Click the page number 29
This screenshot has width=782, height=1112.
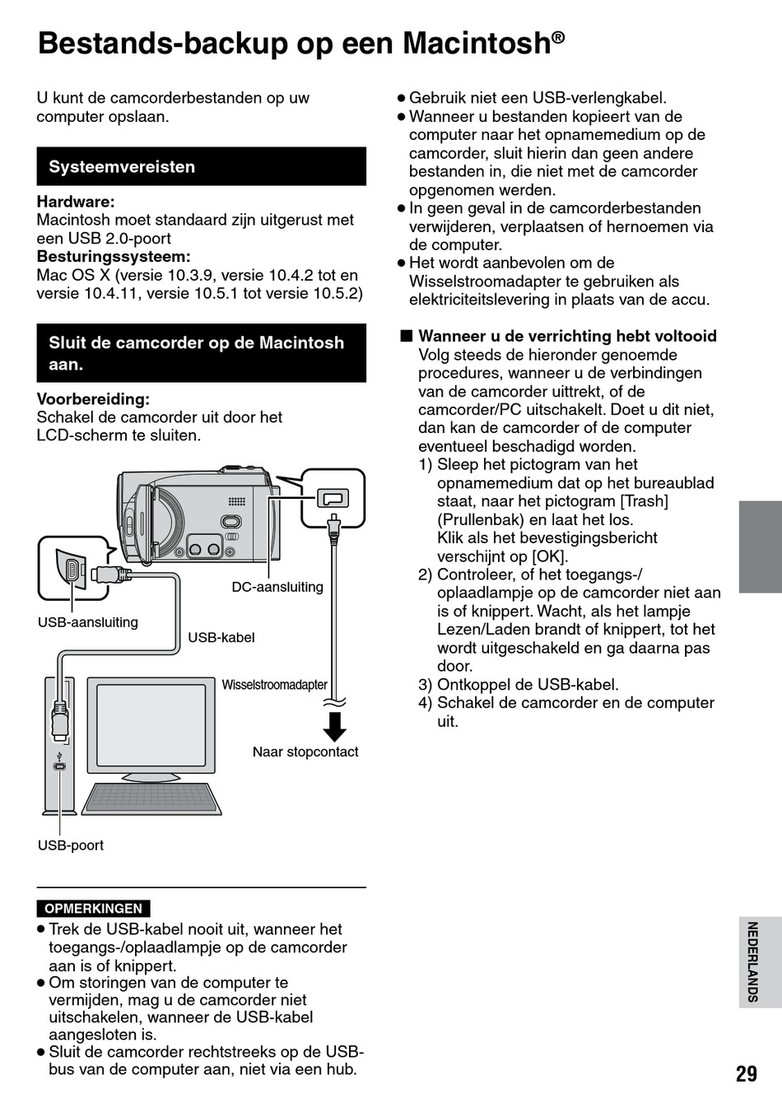[x=746, y=1073]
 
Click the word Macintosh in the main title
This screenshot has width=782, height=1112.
[x=477, y=43]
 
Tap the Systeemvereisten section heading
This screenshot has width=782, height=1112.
[x=122, y=167]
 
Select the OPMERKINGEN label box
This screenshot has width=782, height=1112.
[x=93, y=909]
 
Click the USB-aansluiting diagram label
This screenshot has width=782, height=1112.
[x=88, y=622]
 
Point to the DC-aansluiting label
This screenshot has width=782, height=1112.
[x=277, y=587]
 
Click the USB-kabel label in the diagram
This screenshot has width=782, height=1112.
[x=221, y=637]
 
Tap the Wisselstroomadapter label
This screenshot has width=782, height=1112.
[x=274, y=685]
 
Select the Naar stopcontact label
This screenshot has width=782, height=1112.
[x=305, y=751]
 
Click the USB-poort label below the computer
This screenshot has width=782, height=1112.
[x=71, y=845]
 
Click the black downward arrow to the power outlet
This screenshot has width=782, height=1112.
[x=334, y=726]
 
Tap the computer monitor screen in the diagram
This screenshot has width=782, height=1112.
[x=152, y=725]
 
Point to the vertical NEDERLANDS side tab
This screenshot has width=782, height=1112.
[x=752, y=961]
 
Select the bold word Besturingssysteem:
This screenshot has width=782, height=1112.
[x=114, y=257]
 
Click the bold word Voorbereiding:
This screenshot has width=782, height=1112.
[x=93, y=399]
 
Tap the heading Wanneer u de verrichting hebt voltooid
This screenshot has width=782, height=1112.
[x=567, y=336]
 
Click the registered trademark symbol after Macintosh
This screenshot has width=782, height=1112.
[x=558, y=37]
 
